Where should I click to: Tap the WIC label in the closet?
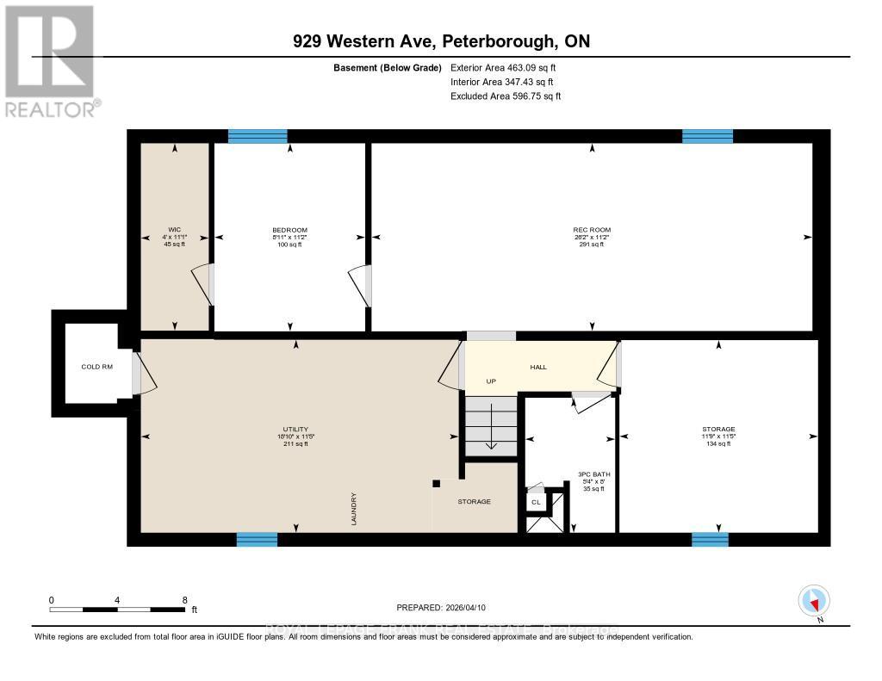[x=175, y=230]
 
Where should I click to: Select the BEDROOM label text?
[x=289, y=230]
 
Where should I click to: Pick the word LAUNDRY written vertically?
[x=354, y=509]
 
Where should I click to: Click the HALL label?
[x=537, y=367]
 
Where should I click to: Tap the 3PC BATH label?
[x=590, y=474]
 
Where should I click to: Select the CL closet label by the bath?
[x=535, y=501]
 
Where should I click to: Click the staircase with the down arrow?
[x=490, y=426]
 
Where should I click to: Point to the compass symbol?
[x=814, y=601]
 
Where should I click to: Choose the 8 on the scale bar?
[x=184, y=599]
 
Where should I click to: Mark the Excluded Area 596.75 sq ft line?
[x=506, y=96]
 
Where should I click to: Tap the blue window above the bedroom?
[x=258, y=135]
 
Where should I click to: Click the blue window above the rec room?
[x=707, y=135]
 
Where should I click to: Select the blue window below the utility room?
[x=257, y=539]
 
